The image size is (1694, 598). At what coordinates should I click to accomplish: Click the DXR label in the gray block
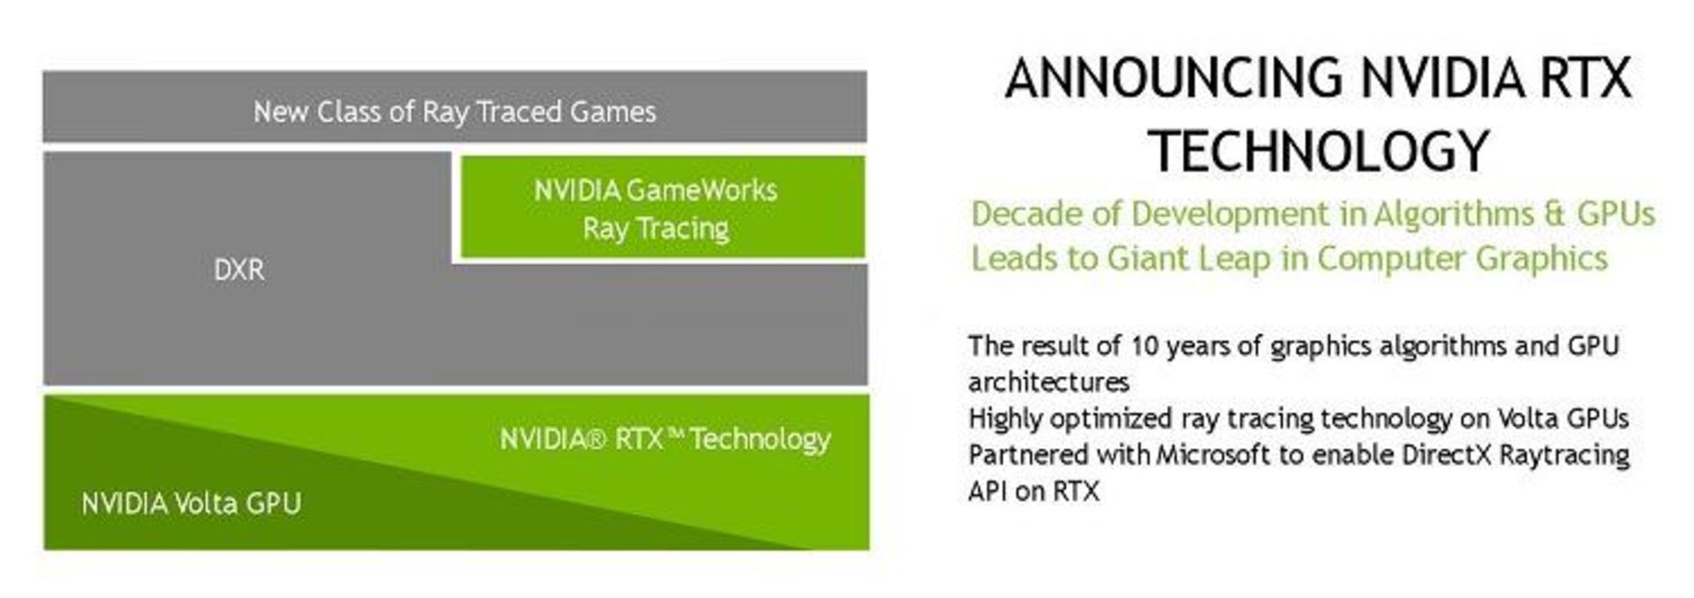238,269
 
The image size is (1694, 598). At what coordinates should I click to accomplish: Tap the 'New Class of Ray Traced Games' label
454,112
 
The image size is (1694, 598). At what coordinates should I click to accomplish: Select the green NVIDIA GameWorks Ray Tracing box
662,208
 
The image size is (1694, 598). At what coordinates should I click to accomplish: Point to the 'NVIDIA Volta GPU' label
191,504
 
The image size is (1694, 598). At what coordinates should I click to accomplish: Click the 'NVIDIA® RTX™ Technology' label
665,439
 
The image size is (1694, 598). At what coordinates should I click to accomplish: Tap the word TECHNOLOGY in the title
1319,151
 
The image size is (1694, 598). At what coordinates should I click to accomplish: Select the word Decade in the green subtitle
1027,214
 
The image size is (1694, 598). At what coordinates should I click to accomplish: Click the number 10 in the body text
1143,346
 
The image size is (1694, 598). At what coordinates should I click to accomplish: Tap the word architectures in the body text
1048,382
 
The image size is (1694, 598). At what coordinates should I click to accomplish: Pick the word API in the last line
986,490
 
